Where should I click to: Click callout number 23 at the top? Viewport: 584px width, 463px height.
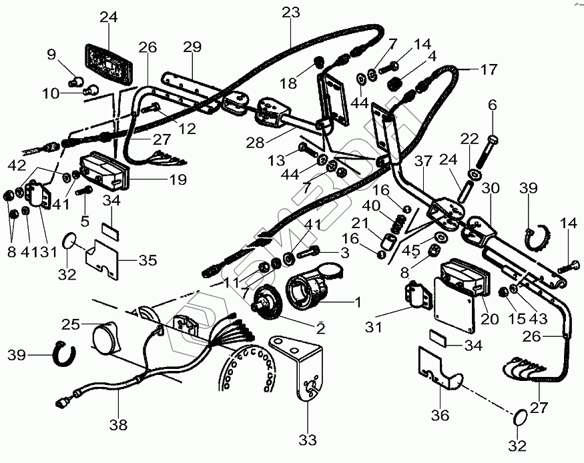pyautogui.click(x=291, y=13)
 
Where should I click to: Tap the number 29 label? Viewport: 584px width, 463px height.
pyautogui.click(x=192, y=47)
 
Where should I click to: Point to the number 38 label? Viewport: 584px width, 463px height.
pyautogui.click(x=119, y=424)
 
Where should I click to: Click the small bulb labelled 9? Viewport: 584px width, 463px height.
pyautogui.click(x=74, y=83)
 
